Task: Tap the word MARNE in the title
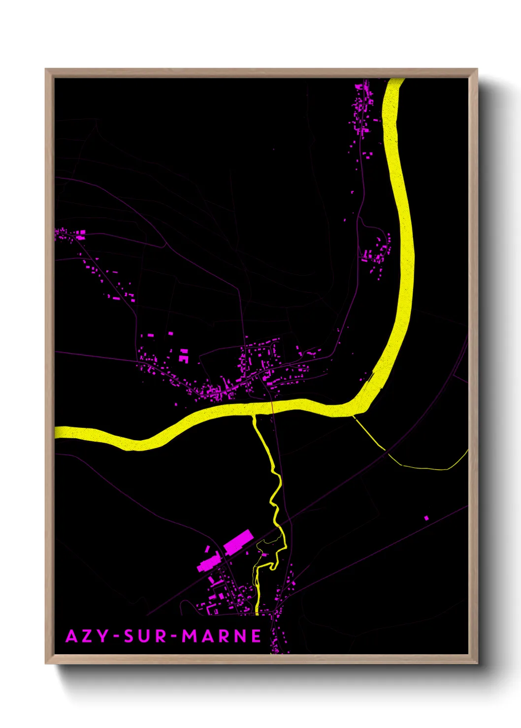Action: click(x=222, y=636)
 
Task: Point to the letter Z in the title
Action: click(x=87, y=636)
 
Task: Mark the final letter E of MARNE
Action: click(x=256, y=636)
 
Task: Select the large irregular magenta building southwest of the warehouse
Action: click(x=209, y=562)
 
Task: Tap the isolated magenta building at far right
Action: click(x=426, y=517)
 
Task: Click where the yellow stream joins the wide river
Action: click(x=254, y=416)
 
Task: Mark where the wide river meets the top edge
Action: click(x=395, y=80)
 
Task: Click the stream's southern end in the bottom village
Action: click(x=257, y=613)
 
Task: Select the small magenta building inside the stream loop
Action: click(x=264, y=554)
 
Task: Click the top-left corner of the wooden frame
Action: click(x=46, y=70)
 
